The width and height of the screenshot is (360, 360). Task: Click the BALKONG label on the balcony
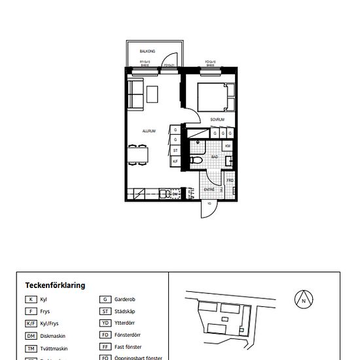coord(147,50)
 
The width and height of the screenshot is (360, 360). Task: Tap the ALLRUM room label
coord(149,132)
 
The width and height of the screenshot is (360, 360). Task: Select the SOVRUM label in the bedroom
coord(217,120)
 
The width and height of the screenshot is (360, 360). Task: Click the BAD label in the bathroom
coord(215,157)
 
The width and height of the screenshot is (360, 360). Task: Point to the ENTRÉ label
coord(209,189)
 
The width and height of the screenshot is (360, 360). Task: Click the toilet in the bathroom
coord(196,160)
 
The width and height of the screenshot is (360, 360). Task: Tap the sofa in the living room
coord(135,94)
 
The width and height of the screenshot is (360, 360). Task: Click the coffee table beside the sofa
coord(153,94)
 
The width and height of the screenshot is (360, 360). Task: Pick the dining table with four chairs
coord(138,156)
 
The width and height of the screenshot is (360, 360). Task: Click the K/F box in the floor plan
coord(175,160)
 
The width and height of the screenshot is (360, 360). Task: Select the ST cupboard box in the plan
coord(175,150)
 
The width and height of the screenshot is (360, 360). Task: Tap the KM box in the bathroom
coord(228,145)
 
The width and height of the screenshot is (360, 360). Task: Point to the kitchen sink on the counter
coord(166,193)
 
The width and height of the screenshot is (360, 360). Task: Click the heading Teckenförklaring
coord(55,285)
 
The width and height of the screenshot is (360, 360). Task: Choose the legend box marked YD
coord(105,323)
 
